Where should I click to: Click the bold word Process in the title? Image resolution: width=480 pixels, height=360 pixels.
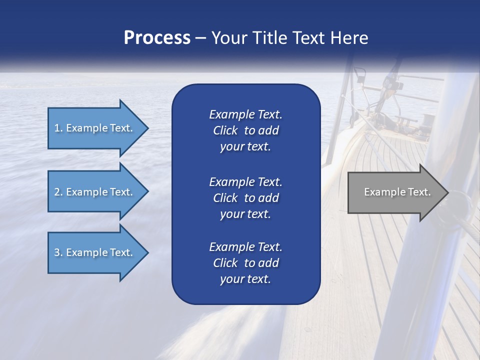coord(157,38)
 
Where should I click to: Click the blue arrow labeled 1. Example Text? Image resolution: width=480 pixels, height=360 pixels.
coord(95,128)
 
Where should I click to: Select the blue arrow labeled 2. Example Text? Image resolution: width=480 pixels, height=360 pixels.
coord(95,192)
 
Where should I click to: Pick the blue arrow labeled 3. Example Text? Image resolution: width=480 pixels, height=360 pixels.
coord(95,252)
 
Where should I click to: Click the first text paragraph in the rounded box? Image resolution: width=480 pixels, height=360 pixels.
coord(245,130)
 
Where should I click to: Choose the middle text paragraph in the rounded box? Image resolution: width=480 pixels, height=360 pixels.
coord(245,197)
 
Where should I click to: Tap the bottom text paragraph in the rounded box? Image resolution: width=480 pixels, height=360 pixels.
coord(245,263)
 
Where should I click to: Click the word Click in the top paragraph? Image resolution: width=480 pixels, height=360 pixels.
coord(225,131)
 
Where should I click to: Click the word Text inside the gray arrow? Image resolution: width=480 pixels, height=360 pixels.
coord(419,192)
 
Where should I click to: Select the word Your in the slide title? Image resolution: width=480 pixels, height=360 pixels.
coord(229,38)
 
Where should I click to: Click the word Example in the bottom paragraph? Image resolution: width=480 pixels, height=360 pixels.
coord(231,247)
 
